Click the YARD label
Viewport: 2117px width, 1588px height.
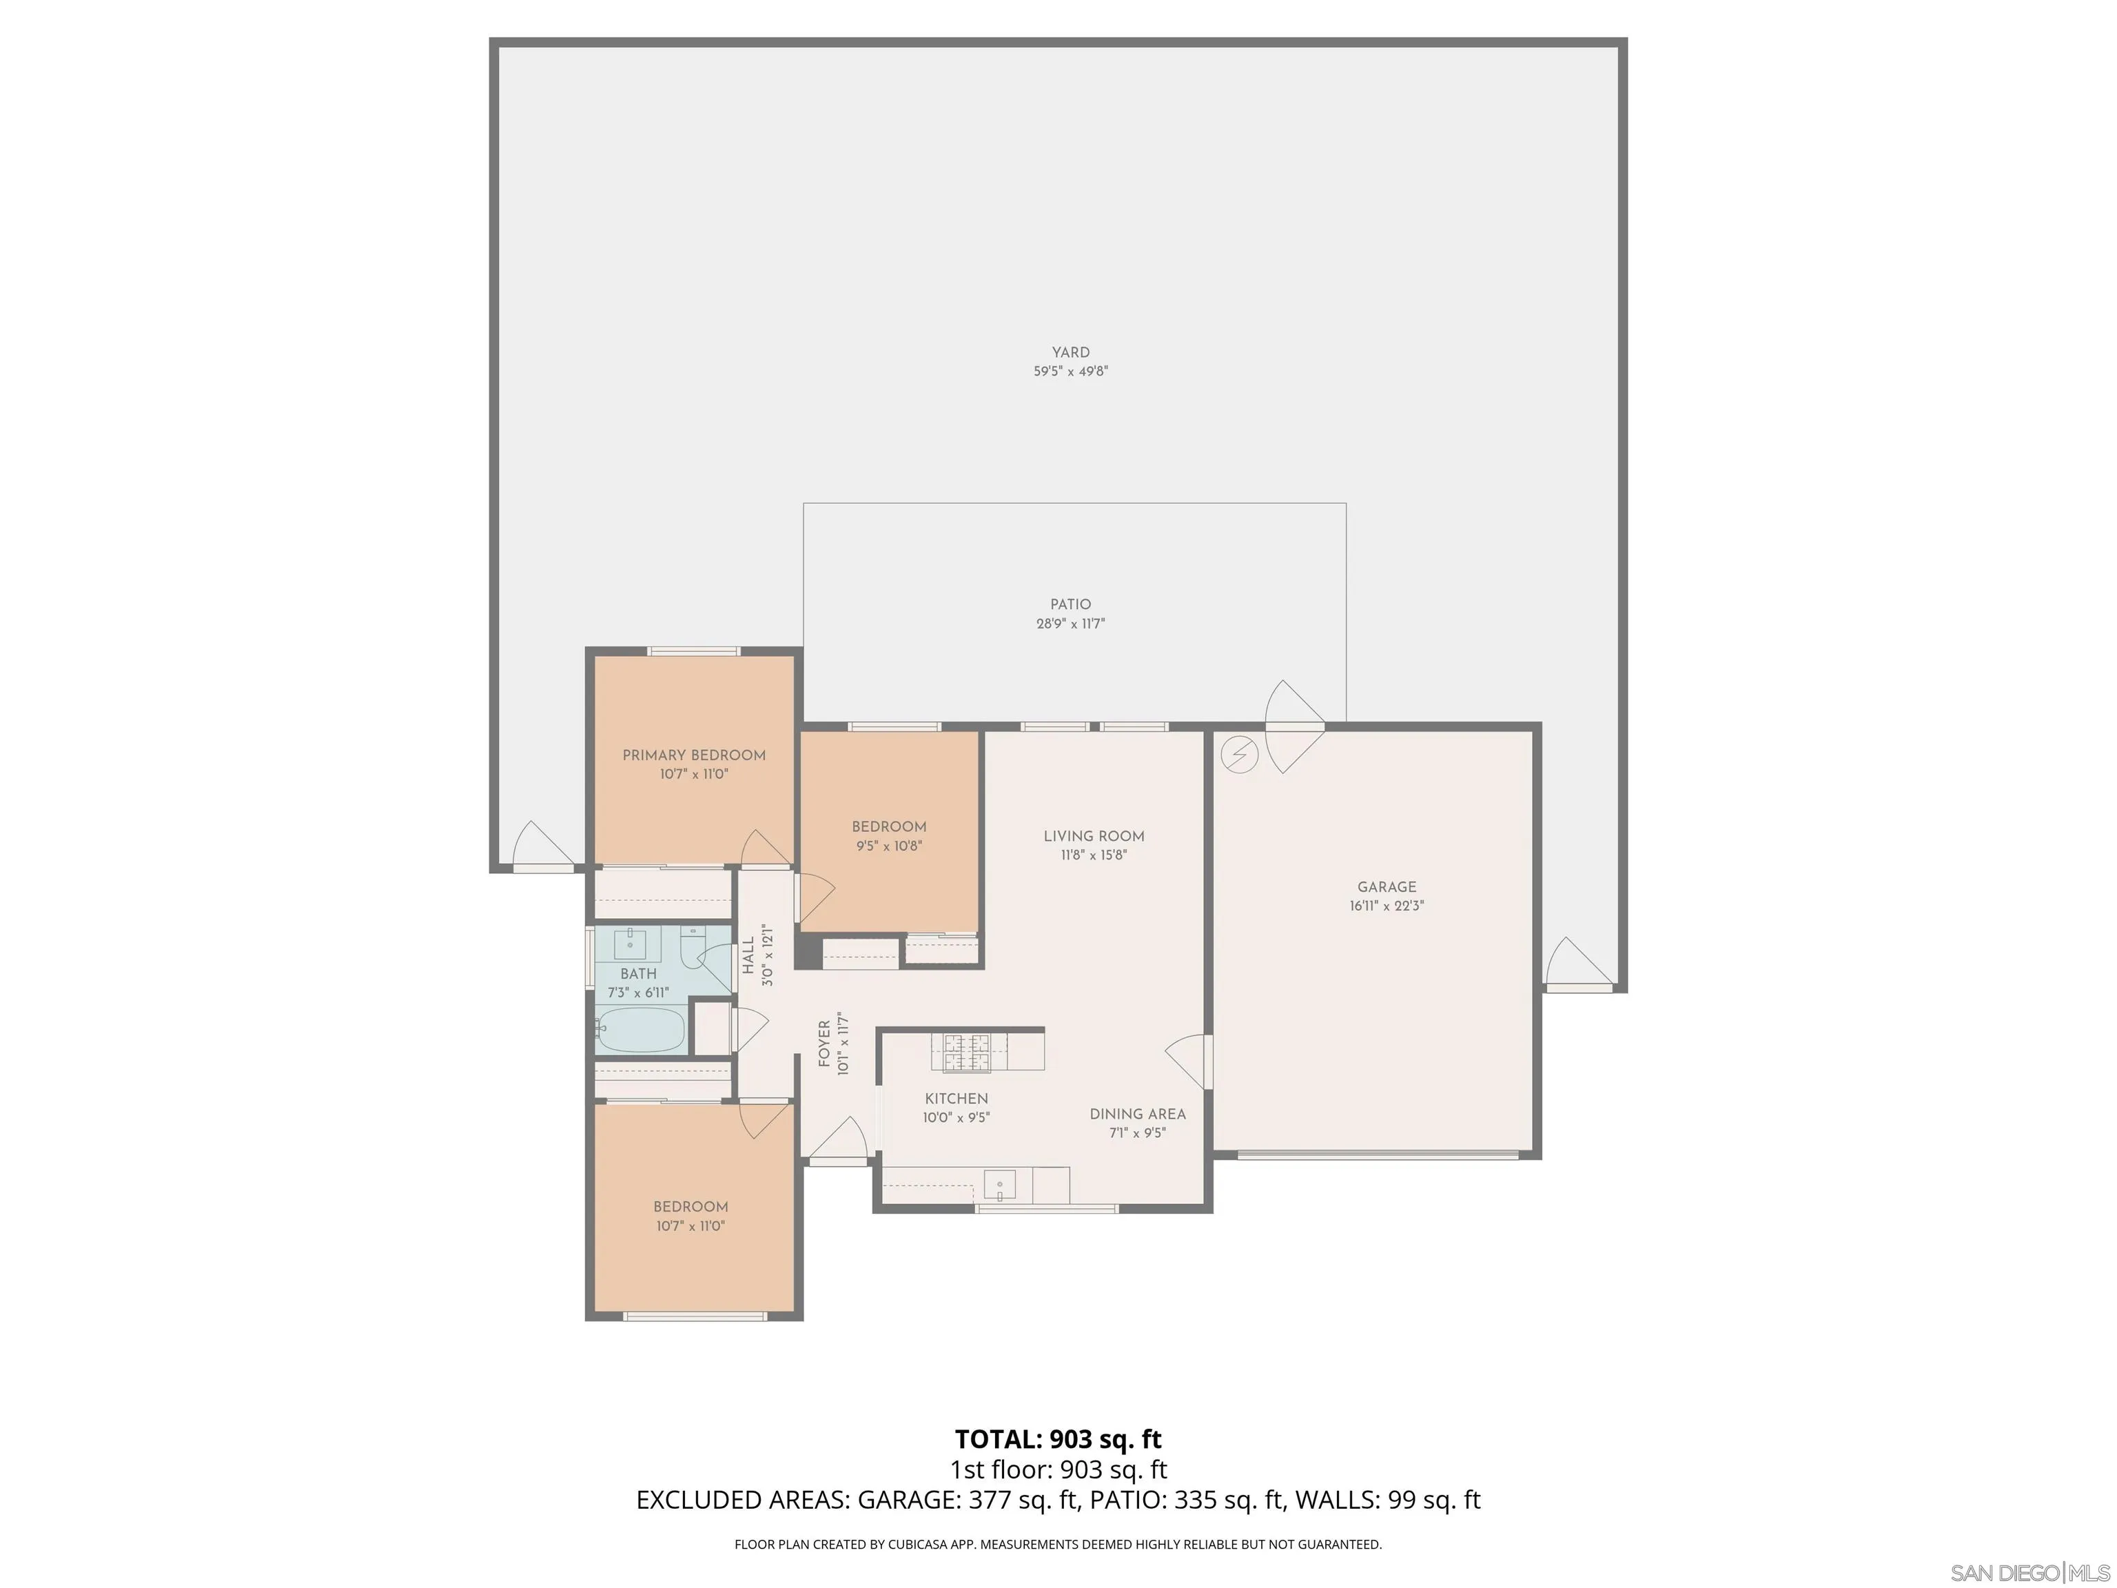point(1070,352)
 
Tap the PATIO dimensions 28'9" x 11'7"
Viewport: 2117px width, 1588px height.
point(1070,624)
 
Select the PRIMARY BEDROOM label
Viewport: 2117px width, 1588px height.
point(694,755)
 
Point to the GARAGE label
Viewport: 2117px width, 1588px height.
point(1387,887)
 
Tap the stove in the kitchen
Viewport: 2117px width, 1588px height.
point(967,1053)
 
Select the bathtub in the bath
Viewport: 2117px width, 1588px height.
point(640,1030)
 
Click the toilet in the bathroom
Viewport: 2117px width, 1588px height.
point(692,948)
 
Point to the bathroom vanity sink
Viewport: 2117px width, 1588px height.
point(631,944)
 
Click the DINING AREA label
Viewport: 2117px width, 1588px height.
point(1137,1114)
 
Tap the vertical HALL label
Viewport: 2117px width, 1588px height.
point(748,955)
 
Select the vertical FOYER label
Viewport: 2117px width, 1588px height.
point(824,1044)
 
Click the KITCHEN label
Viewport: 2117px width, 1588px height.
point(956,1099)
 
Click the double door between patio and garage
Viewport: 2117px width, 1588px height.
point(1295,727)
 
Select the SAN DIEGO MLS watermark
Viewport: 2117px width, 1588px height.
point(2029,1574)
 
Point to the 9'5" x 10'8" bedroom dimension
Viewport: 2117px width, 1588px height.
point(888,846)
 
